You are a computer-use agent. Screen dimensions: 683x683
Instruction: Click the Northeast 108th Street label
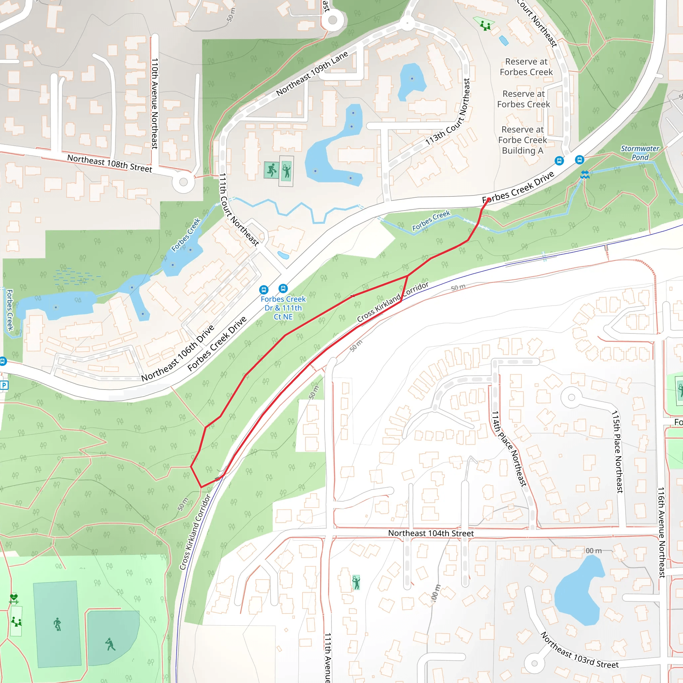[109, 163]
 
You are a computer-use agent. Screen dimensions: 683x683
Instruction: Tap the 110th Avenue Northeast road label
[154, 104]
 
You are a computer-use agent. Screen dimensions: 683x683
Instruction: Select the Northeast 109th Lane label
[312, 73]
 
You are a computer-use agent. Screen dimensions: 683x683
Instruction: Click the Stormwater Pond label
[640, 153]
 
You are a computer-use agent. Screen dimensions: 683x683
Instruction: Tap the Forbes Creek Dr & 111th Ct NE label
[283, 307]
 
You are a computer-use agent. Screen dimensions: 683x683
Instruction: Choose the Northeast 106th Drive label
[178, 353]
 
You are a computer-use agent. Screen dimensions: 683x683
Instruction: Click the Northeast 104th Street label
[431, 533]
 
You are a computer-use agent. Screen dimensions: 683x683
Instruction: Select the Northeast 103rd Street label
[579, 655]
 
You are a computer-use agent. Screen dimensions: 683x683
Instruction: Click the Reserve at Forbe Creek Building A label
[523, 140]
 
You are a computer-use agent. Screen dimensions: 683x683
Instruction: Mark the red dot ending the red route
[489, 200]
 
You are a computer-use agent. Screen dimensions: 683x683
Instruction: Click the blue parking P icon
[4, 385]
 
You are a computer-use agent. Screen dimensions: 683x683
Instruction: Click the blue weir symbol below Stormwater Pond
[585, 174]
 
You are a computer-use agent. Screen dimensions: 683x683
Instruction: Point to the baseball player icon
[111, 644]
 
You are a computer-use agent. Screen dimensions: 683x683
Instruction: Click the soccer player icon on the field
[57, 624]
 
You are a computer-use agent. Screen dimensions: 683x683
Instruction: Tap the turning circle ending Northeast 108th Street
[183, 182]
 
